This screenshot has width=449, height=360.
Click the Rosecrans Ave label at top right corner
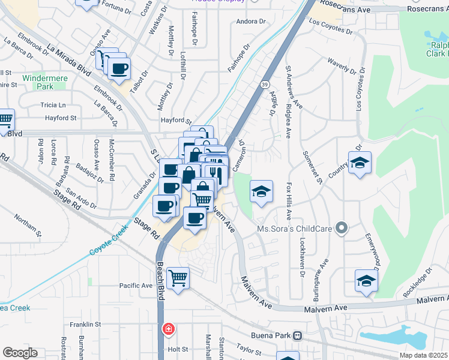pos(423,9)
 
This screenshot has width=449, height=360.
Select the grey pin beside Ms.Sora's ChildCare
pos(342,227)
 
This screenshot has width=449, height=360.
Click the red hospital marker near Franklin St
pos(169,329)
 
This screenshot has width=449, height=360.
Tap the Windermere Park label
pos(37,82)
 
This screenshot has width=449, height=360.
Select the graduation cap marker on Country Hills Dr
pos(360,163)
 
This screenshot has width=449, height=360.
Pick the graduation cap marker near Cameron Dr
pos(261,191)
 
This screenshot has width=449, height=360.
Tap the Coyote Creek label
pos(109,241)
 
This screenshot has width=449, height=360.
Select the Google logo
pos(20,353)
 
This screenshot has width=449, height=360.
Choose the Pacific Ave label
pos(136,286)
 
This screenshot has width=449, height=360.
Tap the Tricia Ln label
pos(52,105)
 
